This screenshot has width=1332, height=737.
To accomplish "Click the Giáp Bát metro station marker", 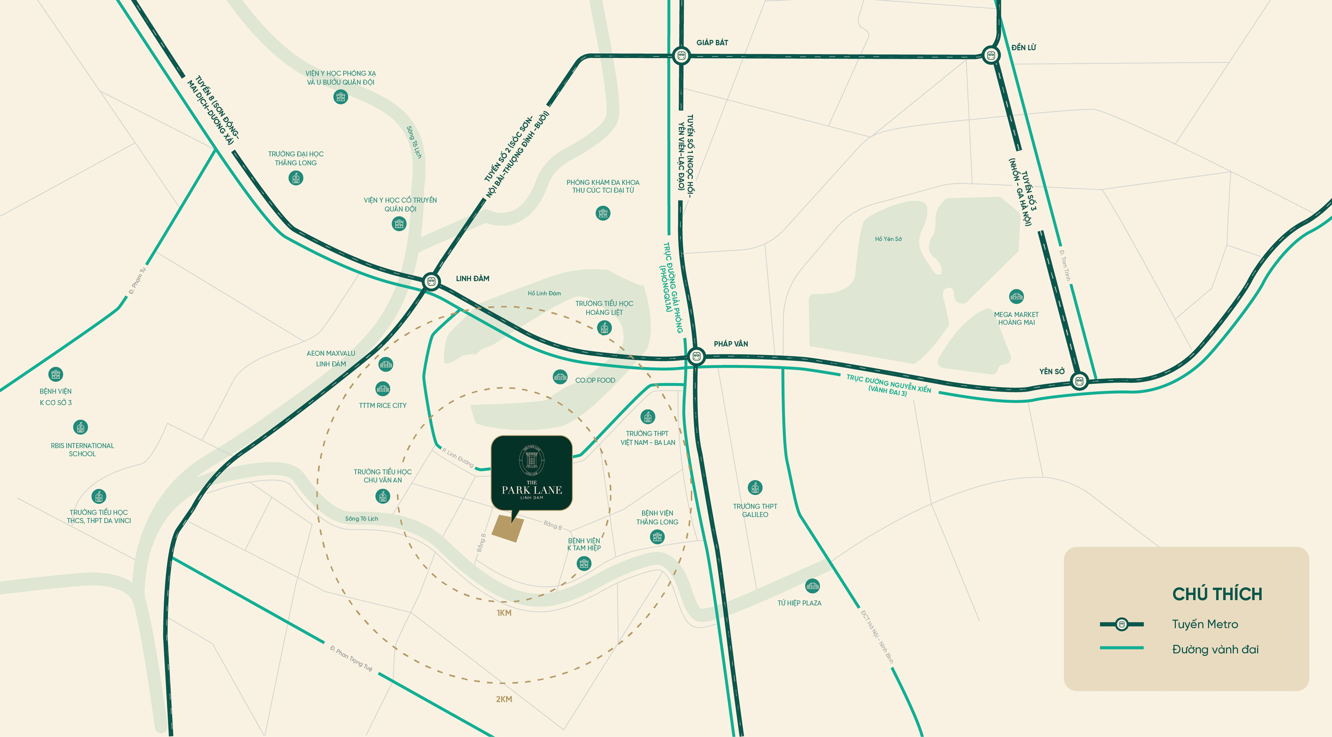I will [681, 55].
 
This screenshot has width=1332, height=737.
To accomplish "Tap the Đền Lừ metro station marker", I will [991, 55].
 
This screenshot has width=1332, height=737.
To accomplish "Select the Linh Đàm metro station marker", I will [431, 281].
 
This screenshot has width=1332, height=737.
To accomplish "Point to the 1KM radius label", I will [504, 613].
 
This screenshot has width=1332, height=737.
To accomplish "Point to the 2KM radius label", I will [504, 699].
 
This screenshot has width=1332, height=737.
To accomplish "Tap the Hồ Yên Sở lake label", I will [888, 239].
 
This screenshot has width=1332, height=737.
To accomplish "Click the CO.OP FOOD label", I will [595, 380].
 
